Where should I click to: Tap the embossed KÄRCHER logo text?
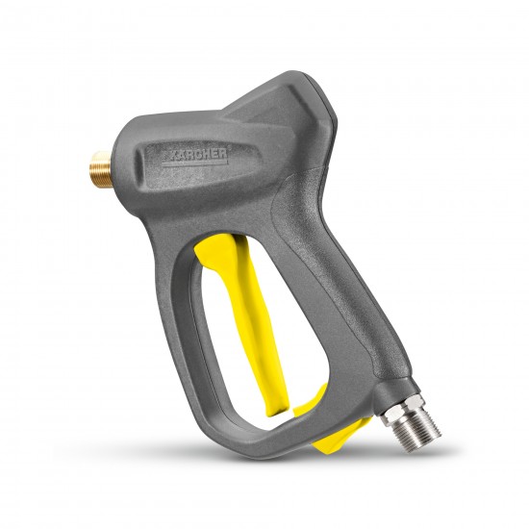click(197, 155)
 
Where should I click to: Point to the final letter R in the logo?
click(222, 154)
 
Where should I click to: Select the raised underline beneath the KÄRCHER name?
click(195, 164)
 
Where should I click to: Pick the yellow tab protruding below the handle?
click(340, 437)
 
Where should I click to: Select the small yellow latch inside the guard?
click(310, 400)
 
